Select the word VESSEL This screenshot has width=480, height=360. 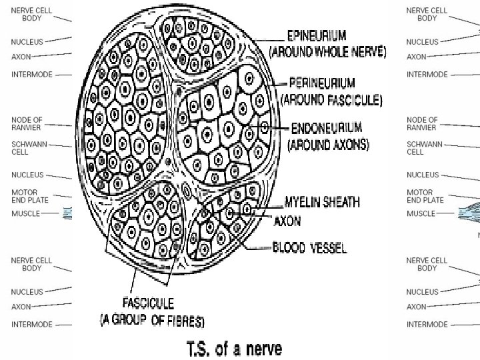click(x=327, y=247)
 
